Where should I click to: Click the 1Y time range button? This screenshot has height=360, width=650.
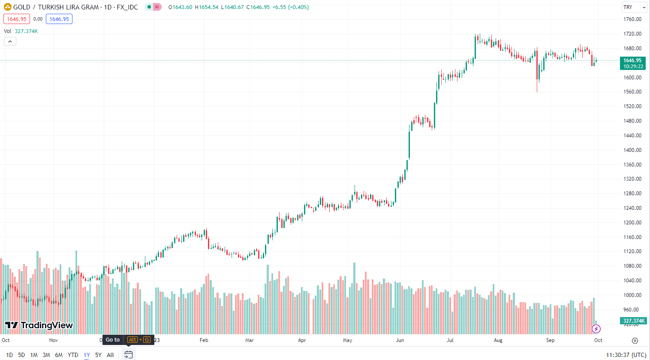(87, 355)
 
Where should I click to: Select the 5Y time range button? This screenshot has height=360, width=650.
(98, 355)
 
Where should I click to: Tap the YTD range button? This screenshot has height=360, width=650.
(72, 355)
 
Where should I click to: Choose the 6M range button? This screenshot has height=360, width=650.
(59, 355)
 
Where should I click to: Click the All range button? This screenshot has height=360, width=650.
(110, 355)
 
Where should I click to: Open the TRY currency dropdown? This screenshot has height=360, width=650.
(634, 7)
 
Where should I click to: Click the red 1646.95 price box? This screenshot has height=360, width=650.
(17, 19)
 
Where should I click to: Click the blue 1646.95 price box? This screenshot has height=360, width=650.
(59, 19)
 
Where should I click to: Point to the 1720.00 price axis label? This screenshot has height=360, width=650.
(632, 33)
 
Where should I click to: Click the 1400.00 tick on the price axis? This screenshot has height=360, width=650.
(632, 150)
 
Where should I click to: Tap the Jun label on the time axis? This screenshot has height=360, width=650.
(400, 340)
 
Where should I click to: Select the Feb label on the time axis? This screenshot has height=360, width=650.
(204, 340)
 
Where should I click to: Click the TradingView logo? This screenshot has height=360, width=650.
(39, 325)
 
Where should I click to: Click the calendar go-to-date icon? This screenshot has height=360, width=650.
(128, 354)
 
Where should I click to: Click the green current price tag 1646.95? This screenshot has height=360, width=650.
(632, 64)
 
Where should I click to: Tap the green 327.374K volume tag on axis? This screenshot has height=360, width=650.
(633, 321)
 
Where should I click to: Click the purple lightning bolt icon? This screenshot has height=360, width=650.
(596, 329)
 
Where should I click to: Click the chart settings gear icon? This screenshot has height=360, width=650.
(635, 341)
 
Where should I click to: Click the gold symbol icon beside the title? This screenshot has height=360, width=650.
(8, 7)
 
